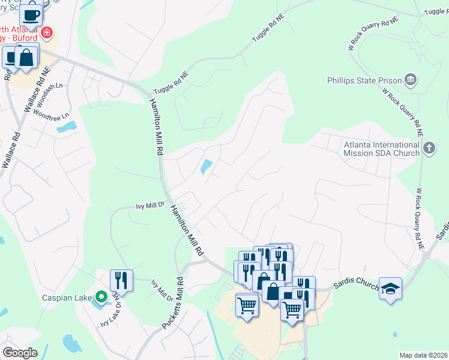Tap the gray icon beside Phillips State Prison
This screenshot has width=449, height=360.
pos(411,80)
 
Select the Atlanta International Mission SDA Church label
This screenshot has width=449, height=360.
pos(381,149)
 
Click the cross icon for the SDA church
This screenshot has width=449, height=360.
pos(429,148)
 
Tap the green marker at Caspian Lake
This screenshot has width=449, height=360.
pos(101,296)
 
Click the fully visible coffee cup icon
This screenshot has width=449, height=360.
pos(31,14)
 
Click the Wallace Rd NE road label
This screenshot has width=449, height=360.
pos(34,93)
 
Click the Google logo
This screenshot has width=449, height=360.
pos(20,353)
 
